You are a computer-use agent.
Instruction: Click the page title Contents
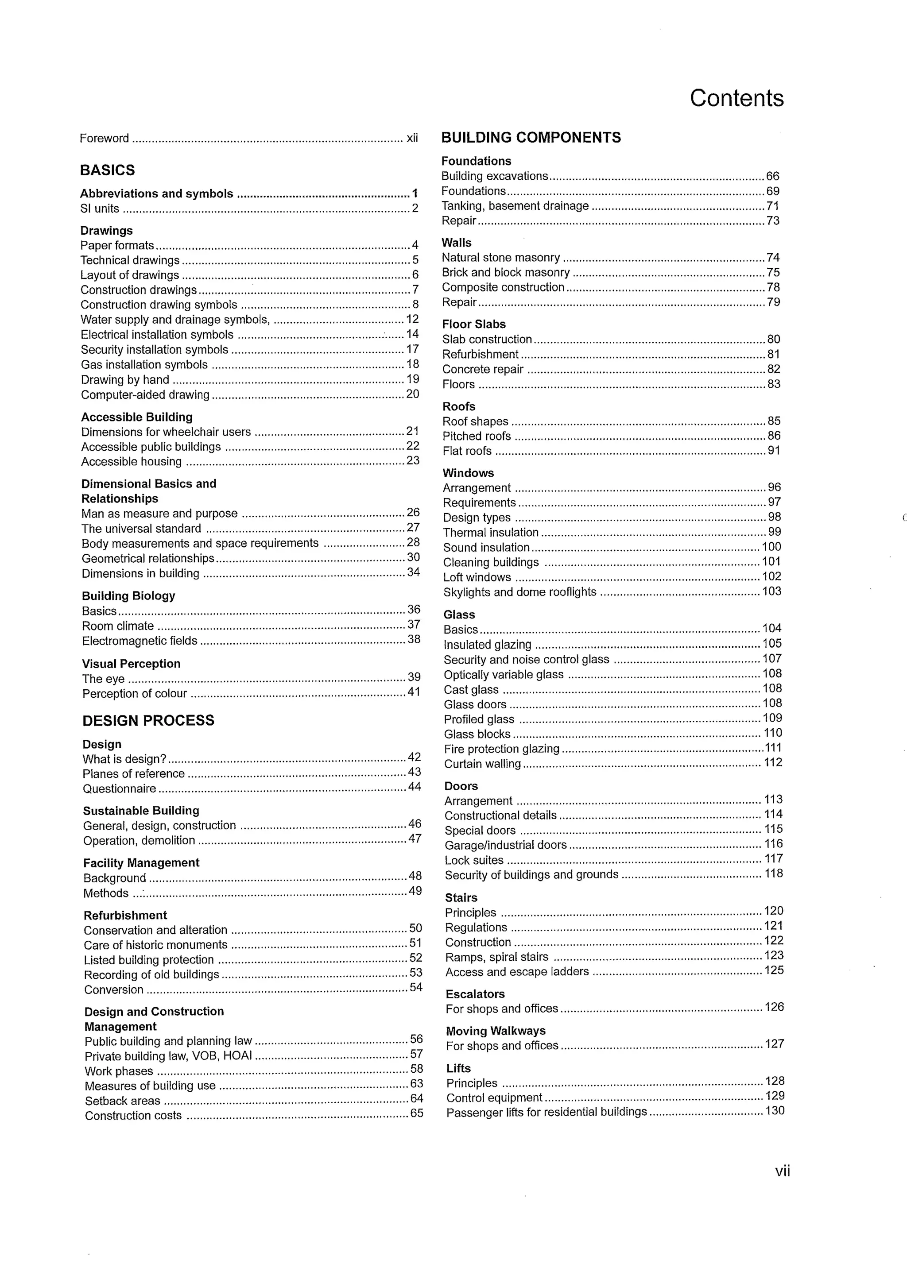point(736,98)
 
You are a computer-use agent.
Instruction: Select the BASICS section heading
point(107,170)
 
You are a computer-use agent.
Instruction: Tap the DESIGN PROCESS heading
point(148,720)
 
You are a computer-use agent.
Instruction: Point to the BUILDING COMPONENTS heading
point(531,137)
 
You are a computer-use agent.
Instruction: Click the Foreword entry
point(105,138)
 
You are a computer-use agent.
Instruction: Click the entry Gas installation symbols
point(144,365)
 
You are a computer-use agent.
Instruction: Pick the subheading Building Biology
point(128,596)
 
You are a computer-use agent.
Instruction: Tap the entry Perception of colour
point(135,693)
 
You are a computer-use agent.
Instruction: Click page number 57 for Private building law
point(416,1054)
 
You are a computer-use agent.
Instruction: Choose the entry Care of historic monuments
point(155,945)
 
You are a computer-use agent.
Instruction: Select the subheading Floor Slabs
point(474,324)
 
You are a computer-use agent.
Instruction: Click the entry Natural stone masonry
point(501,258)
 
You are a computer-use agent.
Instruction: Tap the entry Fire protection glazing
point(502,749)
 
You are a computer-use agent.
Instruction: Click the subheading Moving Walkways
point(496,1031)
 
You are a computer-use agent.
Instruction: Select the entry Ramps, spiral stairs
point(497,957)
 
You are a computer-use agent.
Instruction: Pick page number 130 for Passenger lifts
point(775,1111)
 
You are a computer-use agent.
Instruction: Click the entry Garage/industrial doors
point(506,845)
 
